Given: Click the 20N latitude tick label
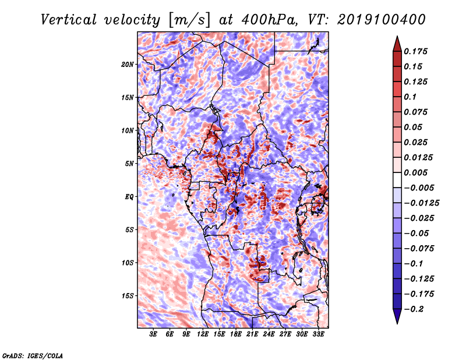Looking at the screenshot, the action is [128, 65].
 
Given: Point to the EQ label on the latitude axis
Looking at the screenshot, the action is [129, 197].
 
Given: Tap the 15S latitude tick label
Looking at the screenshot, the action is [128, 296].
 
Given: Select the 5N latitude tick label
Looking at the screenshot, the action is [129, 164].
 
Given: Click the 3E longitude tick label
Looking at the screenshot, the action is [153, 334].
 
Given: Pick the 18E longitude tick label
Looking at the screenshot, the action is [235, 334].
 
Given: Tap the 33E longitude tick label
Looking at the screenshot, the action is [318, 334].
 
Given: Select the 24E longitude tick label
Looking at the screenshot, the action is [269, 334].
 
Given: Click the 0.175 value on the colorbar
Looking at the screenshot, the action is [415, 51].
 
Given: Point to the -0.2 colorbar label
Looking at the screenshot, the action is [414, 309].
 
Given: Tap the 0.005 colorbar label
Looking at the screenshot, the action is [415, 172].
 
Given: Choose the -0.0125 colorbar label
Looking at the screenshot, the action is [421, 203].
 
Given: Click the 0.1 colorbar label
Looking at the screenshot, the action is [410, 97].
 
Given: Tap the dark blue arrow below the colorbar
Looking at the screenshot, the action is [397, 316].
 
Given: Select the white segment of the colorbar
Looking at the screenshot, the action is [397, 180].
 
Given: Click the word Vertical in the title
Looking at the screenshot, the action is [69, 20].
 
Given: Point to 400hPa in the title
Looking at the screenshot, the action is [270, 20].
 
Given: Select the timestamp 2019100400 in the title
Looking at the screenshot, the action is [382, 20].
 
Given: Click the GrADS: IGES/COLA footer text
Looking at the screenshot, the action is [33, 356].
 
